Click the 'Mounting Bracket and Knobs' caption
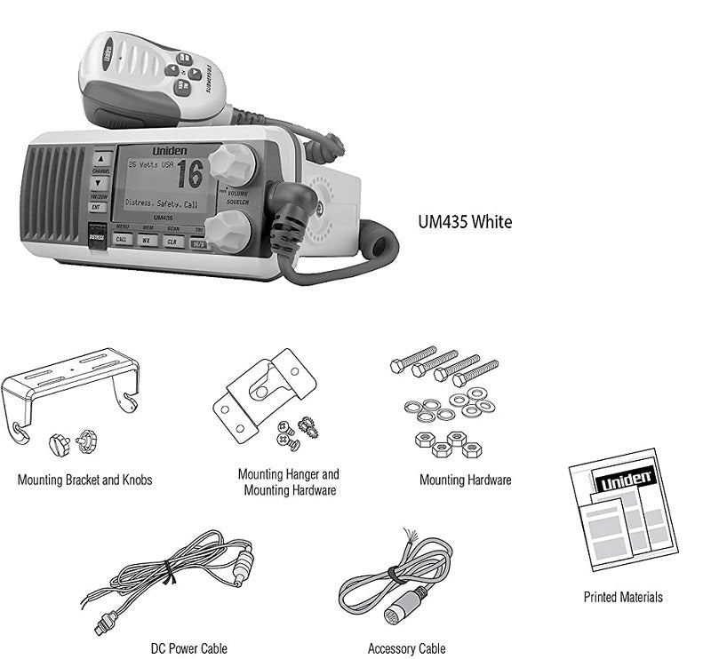tap(84, 480)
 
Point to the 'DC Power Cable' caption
tap(188, 648)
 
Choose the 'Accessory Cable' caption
tap(406, 648)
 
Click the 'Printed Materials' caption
tap(622, 597)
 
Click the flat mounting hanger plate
tap(267, 391)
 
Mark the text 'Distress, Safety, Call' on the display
tap(163, 203)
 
